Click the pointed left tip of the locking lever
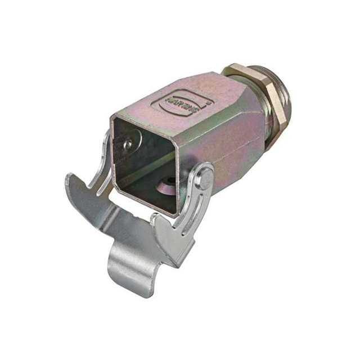coord(69,178)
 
